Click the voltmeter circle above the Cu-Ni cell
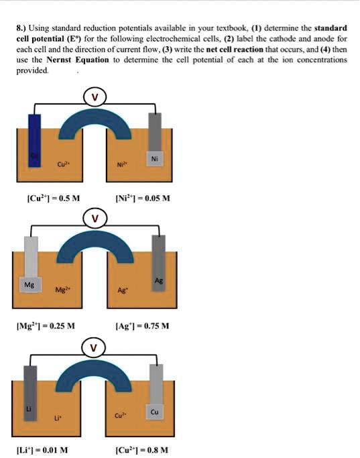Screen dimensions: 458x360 (x=95, y=97)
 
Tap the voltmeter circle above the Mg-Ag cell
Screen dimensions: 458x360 (x=95, y=218)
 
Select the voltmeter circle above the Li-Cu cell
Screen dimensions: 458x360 (x=95, y=349)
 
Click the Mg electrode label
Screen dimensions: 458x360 (x=29, y=284)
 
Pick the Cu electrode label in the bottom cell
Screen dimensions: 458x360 (x=155, y=411)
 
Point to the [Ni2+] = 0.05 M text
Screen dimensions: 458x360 (x=143, y=198)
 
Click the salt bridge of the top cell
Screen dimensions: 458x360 (x=95, y=122)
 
